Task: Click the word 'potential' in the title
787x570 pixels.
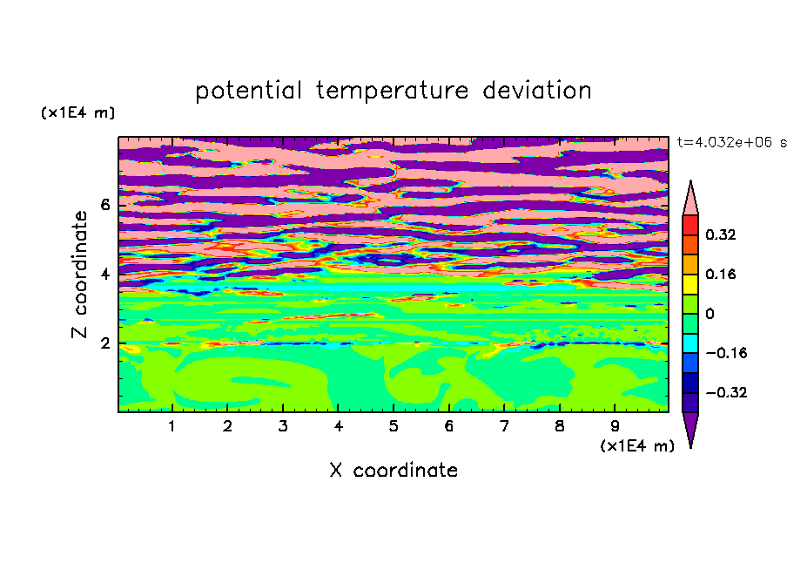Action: coord(249,92)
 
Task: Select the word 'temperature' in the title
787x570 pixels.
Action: coord(392,91)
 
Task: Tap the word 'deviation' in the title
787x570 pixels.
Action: coord(536,91)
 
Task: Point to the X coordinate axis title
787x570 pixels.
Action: coord(393,470)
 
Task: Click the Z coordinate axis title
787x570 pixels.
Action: coord(79,275)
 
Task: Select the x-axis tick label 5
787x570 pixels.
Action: coord(393,426)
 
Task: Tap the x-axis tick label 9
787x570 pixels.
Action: coord(615,426)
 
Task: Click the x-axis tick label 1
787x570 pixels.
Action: coord(172,426)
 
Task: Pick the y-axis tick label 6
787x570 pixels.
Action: coord(105,205)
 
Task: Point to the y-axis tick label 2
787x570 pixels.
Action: coord(105,343)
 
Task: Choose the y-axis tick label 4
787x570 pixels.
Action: coord(105,275)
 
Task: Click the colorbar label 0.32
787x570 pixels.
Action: coord(721,234)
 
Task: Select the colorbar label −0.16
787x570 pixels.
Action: coord(726,353)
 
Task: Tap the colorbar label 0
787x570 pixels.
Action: coord(710,314)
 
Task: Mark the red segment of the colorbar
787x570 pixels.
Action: coord(690,225)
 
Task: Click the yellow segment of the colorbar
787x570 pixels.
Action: coord(690,284)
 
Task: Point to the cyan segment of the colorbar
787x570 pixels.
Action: coord(690,343)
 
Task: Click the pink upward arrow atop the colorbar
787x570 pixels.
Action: coord(690,199)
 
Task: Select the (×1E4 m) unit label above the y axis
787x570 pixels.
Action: coord(77,112)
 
